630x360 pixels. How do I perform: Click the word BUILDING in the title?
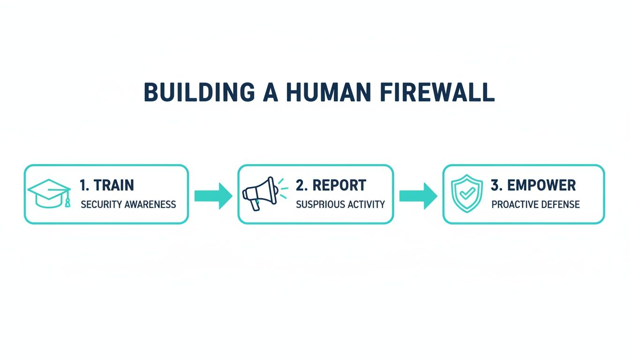199,92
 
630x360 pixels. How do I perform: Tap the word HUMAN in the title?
329,92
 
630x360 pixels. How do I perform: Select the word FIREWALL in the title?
437,92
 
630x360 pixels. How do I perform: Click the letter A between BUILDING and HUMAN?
270,92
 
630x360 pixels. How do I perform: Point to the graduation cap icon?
49,194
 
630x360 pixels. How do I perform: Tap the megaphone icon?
265,194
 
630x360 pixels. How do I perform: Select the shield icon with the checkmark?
467,193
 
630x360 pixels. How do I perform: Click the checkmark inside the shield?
467,193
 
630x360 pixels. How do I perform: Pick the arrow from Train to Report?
213,196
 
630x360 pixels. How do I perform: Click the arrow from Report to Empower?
419,196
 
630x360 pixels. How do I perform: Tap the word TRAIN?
114,185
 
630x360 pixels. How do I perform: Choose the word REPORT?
339,185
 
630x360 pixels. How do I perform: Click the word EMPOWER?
541,185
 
